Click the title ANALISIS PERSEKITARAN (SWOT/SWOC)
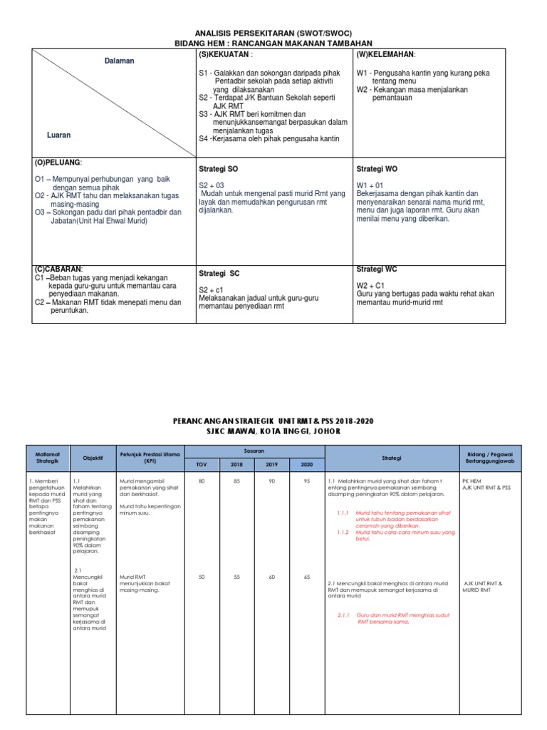point(273,34)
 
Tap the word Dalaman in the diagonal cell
point(119,61)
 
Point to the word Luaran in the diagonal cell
point(58,134)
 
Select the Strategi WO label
point(377,169)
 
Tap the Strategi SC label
point(219,273)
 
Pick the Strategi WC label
point(377,269)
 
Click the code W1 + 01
point(370,185)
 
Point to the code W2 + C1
point(371,284)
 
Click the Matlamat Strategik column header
point(48,458)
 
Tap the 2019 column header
point(271,464)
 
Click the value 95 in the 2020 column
point(306,480)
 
